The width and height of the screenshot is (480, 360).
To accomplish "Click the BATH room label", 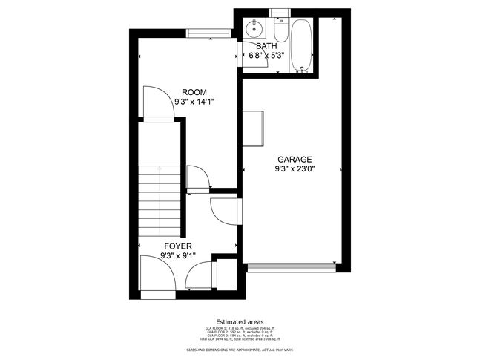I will pyautogui.click(x=267, y=46).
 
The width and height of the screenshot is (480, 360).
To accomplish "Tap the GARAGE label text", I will pyautogui.click(x=295, y=160).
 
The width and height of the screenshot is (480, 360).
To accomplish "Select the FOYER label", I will pyautogui.click(x=178, y=246).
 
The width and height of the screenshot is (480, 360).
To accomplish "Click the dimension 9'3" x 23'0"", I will pyautogui.click(x=295, y=169).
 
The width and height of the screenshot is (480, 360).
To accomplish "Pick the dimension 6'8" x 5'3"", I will pyautogui.click(x=267, y=55).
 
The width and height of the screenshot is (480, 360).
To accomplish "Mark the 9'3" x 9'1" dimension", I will pyautogui.click(x=178, y=255).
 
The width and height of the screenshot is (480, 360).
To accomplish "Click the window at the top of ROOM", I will pyautogui.click(x=208, y=32).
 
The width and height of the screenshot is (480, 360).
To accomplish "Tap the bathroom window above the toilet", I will pyautogui.click(x=280, y=11).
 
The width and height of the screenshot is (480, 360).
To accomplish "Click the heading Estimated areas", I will pyautogui.click(x=239, y=321).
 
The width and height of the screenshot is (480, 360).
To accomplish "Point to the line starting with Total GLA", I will pyautogui.click(x=239, y=338).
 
